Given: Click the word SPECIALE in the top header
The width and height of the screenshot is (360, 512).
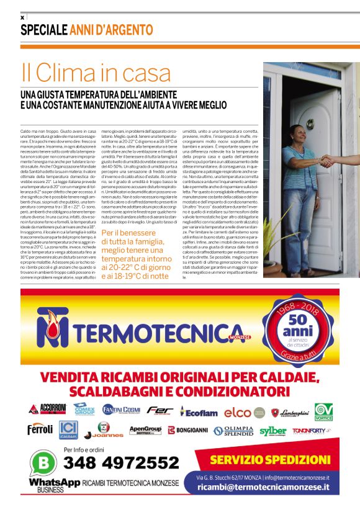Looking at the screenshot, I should pos(43,30).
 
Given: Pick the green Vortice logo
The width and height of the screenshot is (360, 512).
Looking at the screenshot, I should pos(323,411).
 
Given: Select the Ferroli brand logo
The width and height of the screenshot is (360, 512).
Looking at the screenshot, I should pos(40,429).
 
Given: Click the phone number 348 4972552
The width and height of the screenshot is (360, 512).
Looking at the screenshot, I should pos(121,463).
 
